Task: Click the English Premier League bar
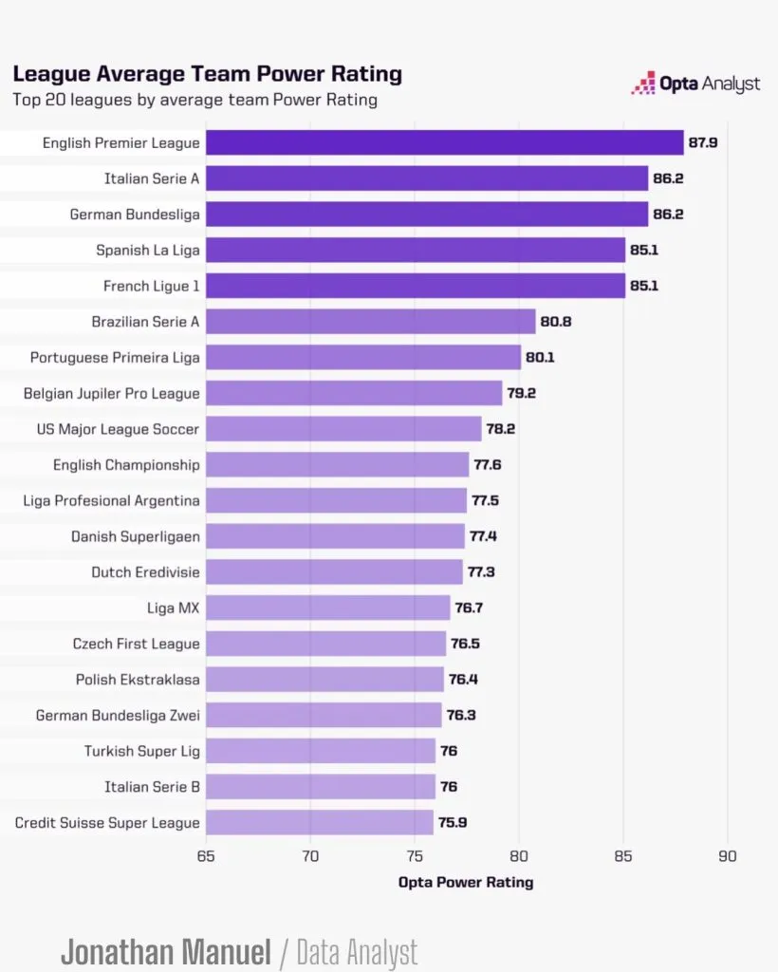444,142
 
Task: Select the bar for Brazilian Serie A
370,322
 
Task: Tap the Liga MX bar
327,607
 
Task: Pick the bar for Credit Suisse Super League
319,822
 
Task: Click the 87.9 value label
704,142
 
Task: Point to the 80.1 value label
542,357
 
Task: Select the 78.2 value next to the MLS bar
501,429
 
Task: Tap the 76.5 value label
465,644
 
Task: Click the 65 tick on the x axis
206,855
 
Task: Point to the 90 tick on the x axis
727,855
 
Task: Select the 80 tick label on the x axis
519,855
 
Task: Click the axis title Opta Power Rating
466,882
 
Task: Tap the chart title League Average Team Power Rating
207,74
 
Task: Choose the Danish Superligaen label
135,536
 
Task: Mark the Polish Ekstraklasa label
138,680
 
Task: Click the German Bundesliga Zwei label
118,715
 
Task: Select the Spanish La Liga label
147,251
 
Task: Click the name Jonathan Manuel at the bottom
166,952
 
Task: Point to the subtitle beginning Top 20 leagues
194,100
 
